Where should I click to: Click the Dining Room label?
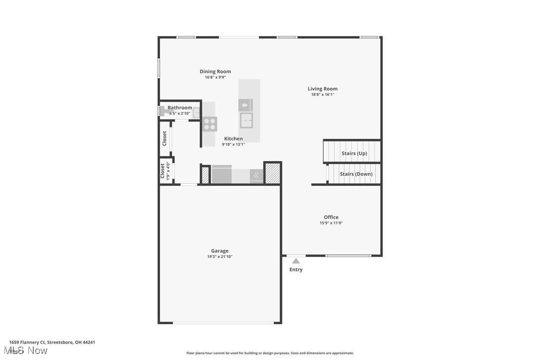(215, 72)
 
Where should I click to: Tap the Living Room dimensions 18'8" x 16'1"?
(322, 94)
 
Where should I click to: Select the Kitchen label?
(233, 139)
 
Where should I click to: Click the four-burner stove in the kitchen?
(209, 124)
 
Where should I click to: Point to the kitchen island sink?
(246, 120)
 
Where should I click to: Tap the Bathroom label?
(180, 107)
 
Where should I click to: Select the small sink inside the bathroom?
(197, 113)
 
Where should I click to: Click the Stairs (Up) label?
(354, 153)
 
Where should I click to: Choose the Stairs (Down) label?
(356, 174)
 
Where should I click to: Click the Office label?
(331, 217)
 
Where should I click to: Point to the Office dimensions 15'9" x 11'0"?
(331, 223)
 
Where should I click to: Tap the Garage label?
(220, 251)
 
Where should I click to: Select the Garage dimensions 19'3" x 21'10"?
(220, 257)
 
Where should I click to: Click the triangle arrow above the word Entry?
(296, 261)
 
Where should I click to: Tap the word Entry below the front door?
(296, 270)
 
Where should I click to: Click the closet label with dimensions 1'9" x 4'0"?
(163, 171)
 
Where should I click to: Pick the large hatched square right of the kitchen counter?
(272, 173)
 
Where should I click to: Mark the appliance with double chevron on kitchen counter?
(257, 175)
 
